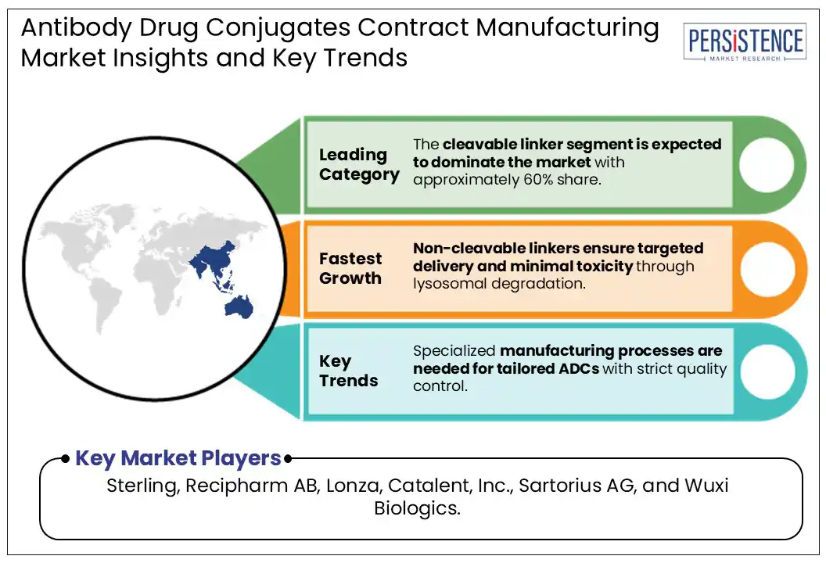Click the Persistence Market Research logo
click(744, 42)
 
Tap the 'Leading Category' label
click(359, 164)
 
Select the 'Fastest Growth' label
click(350, 268)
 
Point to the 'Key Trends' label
click(348, 371)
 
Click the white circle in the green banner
click(766, 165)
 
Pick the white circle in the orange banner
click(766, 268)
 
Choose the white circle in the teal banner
click(766, 371)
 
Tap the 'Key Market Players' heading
click(178, 458)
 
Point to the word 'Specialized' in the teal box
click(454, 350)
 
